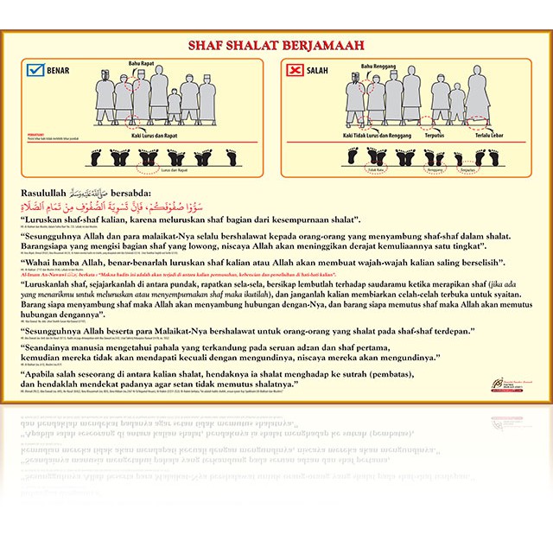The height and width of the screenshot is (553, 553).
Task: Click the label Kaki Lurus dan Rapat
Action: (136, 135)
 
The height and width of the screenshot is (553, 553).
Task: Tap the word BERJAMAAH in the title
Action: (327, 45)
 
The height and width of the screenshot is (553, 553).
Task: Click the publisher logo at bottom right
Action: (511, 383)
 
